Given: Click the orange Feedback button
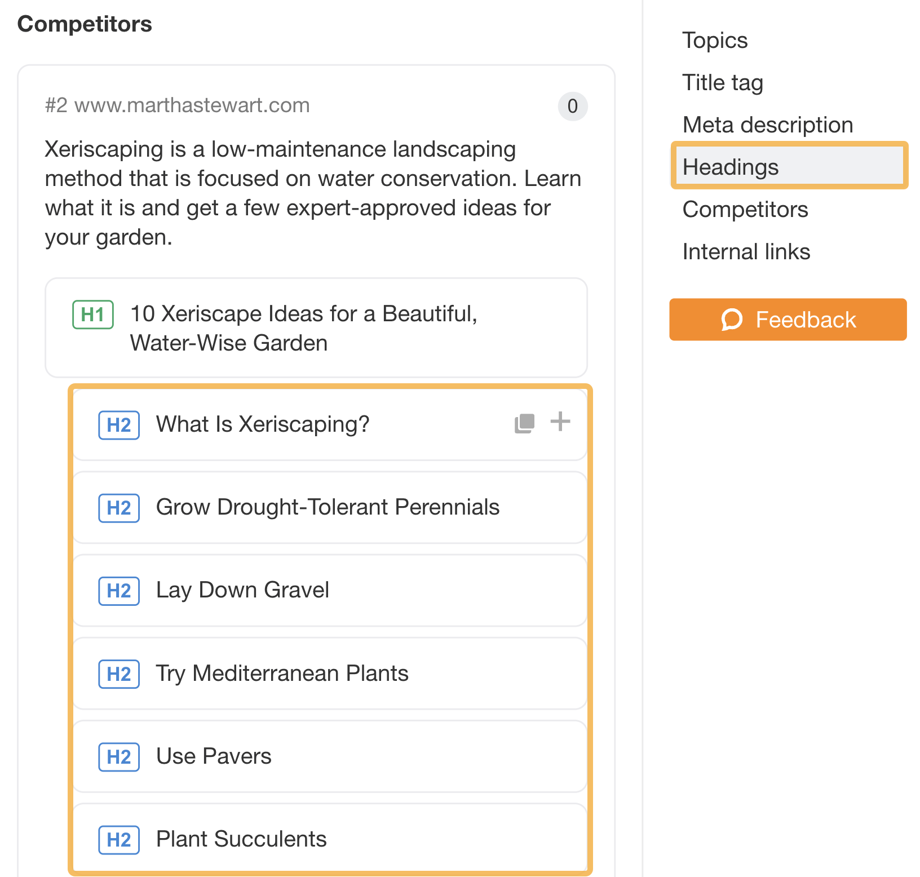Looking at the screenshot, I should pyautogui.click(x=788, y=320).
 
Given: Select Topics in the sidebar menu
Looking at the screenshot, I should pyautogui.click(x=715, y=41).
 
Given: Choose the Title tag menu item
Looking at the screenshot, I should pyautogui.click(x=723, y=83).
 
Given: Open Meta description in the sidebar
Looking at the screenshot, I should pyautogui.click(x=767, y=125).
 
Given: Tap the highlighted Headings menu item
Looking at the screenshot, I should pyautogui.click(x=731, y=167).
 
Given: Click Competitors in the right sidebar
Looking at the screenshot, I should pyautogui.click(x=745, y=210).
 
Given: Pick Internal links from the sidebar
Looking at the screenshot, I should pyautogui.click(x=746, y=252).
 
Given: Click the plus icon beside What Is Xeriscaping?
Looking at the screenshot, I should pyautogui.click(x=560, y=422).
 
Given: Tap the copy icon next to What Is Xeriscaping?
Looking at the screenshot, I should pyautogui.click(x=524, y=423).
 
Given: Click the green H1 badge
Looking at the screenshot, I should pyautogui.click(x=93, y=315).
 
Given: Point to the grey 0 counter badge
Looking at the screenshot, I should pyautogui.click(x=572, y=106).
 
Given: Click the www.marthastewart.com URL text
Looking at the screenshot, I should pyautogui.click(x=192, y=105).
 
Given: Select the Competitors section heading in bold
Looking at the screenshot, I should pyautogui.click(x=85, y=24).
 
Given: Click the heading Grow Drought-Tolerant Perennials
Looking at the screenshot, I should pyautogui.click(x=328, y=507).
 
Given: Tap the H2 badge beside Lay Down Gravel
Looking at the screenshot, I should pyautogui.click(x=119, y=591).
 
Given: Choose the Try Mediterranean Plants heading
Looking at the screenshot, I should pyautogui.click(x=282, y=674).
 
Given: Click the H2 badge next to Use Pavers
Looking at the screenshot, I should pyautogui.click(x=119, y=757).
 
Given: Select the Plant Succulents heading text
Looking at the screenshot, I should pyautogui.click(x=241, y=839).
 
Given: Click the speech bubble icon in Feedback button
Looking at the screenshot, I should pyautogui.click(x=732, y=320).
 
